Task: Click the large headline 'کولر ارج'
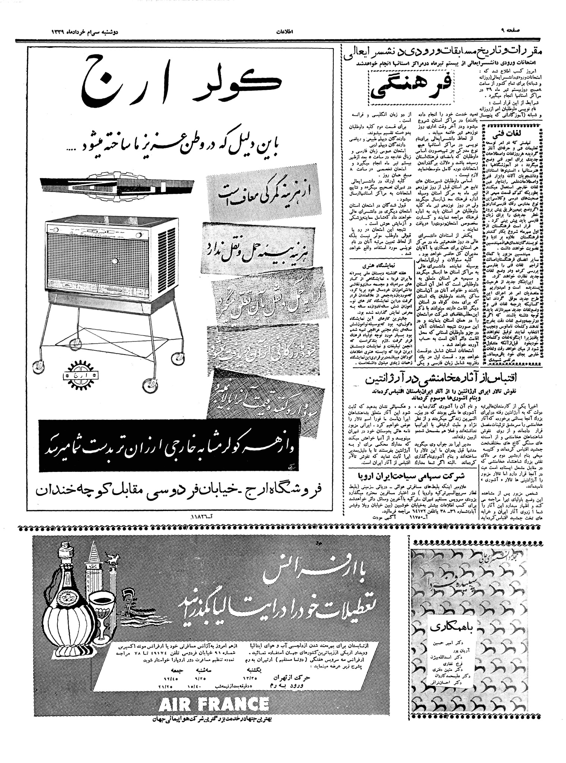click(182, 82)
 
